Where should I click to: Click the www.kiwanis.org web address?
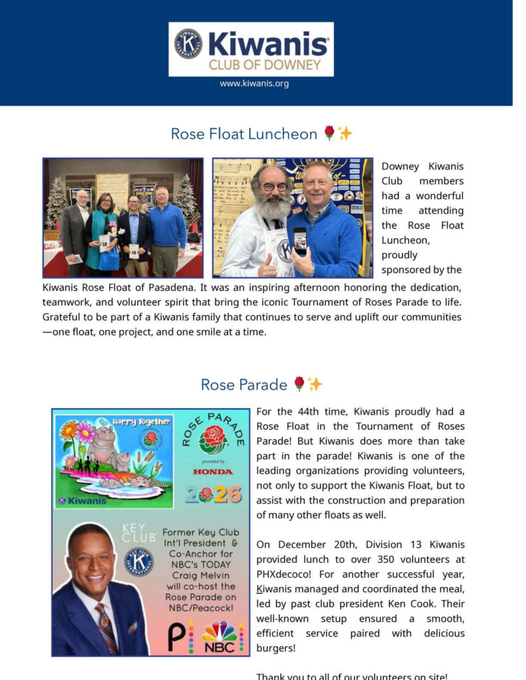254,84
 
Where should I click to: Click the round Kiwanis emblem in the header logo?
188,44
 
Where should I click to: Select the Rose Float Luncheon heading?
243,133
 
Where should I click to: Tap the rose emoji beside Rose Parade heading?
299,383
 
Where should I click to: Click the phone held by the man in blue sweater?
300,240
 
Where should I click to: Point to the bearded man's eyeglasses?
273,187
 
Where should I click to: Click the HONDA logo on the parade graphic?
213,471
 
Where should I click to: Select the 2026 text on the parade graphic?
213,495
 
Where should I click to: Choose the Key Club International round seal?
138,561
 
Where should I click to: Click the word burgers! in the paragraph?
276,648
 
